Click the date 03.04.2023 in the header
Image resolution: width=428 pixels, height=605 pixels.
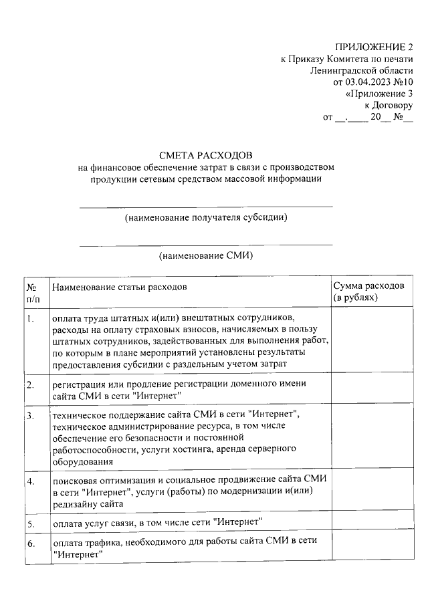click(x=366, y=82)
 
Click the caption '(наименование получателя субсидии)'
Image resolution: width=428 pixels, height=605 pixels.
click(x=206, y=218)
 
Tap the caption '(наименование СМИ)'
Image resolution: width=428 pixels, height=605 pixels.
click(x=206, y=256)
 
